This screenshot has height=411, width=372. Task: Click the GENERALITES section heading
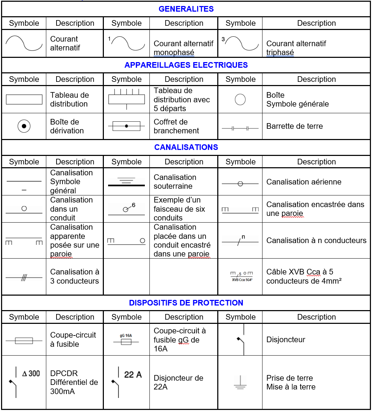(186, 9)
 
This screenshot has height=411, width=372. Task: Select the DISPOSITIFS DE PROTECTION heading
(186, 303)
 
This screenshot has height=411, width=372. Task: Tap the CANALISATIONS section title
(186, 147)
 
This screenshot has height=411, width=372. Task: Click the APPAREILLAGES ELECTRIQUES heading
(186, 65)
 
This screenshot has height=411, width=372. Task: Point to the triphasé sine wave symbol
(241, 43)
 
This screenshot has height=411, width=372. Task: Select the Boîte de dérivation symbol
(24, 126)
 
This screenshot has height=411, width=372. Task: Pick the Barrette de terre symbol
(240, 128)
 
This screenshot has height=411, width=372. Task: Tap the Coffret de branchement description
(176, 126)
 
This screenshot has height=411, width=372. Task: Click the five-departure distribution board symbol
(126, 98)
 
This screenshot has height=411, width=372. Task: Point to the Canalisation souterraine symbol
(126, 182)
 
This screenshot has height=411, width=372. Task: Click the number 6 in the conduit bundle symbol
(134, 205)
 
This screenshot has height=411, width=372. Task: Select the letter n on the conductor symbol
(243, 237)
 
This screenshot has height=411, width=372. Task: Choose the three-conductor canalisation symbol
(24, 278)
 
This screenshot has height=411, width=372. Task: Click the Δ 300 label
(31, 373)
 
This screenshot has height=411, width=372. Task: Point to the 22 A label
(133, 374)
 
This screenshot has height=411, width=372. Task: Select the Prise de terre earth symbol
(240, 383)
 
